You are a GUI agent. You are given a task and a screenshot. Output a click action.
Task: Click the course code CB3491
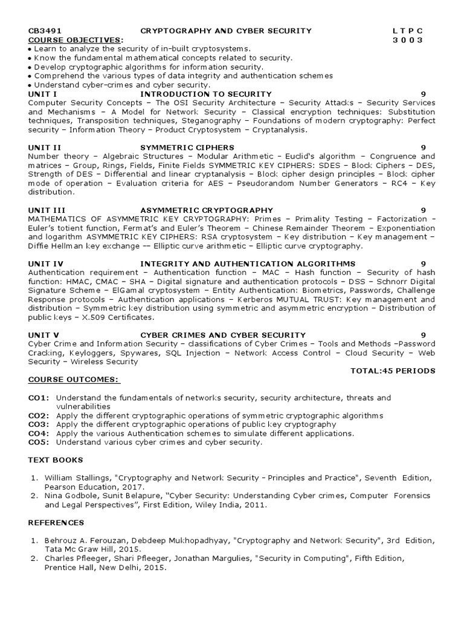45,31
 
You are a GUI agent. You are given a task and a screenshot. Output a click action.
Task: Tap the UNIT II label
44,147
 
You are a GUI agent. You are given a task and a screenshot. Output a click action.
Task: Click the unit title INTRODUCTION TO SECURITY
206,94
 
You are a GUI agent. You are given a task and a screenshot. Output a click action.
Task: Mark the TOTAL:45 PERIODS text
393,371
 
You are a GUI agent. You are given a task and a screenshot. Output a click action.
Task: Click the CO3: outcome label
39,424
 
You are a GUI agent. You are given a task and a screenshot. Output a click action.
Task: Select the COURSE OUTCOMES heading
74,380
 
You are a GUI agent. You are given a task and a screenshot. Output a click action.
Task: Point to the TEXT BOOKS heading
54,460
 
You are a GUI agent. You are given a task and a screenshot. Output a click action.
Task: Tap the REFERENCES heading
56,522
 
